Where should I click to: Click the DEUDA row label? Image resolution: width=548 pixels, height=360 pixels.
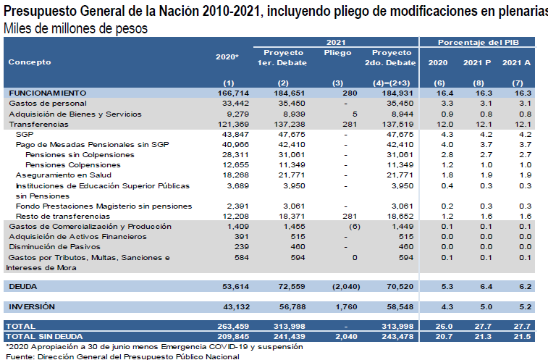click(23, 287)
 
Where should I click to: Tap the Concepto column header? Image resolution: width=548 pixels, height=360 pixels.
click(30, 62)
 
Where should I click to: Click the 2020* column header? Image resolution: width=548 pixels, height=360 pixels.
click(227, 56)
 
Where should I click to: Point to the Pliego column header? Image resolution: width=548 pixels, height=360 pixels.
click(337, 53)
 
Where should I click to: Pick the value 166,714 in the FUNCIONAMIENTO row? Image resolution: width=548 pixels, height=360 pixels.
click(233, 93)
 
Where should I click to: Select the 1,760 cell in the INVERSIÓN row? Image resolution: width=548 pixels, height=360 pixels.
click(346, 307)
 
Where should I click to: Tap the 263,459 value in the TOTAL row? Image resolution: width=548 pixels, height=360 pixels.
click(233, 327)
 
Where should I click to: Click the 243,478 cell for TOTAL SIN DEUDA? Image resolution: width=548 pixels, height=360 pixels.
click(397, 337)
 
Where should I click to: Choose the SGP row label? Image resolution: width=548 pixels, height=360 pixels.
click(25, 134)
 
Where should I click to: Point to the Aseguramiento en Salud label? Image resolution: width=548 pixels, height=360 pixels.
click(64, 175)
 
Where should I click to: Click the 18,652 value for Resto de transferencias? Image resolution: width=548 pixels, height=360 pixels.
click(400, 216)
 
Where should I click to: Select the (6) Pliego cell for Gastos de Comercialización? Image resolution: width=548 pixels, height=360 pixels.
click(355, 226)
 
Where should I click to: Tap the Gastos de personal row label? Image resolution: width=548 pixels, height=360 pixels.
click(48, 104)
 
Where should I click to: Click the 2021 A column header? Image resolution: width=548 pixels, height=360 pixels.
click(516, 62)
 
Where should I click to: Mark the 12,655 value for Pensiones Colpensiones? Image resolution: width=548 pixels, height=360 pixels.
click(236, 164)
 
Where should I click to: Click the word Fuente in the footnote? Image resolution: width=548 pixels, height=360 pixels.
click(20, 356)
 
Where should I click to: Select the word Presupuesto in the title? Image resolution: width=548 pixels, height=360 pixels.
click(40, 11)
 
